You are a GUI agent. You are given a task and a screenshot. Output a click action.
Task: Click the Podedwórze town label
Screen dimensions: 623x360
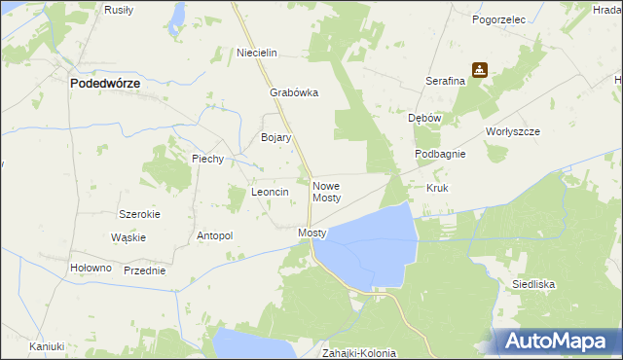pos(105,84)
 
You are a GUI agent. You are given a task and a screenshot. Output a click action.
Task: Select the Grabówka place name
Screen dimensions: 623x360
pos(294,93)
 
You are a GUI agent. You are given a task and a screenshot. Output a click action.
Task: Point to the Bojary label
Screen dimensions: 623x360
pos(276,138)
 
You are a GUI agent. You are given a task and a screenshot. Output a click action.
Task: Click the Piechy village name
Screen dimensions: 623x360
pos(208,159)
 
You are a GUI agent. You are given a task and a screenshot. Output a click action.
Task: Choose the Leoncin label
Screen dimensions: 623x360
pos(271,193)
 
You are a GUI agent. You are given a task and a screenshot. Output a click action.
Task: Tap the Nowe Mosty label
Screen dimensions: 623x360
pos(326,191)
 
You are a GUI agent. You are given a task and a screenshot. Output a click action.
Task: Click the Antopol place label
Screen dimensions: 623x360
pos(215,235)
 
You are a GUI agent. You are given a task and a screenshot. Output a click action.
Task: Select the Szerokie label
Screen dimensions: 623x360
pos(139,214)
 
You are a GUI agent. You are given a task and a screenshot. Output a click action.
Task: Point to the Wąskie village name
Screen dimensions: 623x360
pos(128,237)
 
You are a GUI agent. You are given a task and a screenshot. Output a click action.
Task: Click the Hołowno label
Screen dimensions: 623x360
pos(92,268)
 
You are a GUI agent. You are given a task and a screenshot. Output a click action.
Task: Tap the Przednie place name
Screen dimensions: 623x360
pos(144,270)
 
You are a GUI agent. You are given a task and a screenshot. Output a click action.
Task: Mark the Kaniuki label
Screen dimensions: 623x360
pos(46,346)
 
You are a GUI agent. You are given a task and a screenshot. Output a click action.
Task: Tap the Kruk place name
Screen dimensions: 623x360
pos(437,187)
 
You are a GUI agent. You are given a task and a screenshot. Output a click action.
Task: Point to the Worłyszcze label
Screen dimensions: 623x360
pos(512,131)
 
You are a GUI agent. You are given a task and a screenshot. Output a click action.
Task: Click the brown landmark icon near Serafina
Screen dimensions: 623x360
pos(479,70)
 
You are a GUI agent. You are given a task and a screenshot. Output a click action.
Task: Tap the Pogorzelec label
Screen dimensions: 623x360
pos(498,18)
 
